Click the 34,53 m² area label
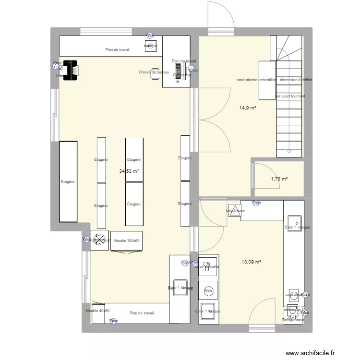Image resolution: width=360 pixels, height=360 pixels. pyautogui.click(x=129, y=171)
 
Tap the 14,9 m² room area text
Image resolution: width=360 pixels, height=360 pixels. pyautogui.click(x=248, y=108)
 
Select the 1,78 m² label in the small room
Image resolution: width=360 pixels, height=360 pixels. pyautogui.click(x=279, y=179)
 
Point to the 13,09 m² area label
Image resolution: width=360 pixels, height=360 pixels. pyautogui.click(x=251, y=262)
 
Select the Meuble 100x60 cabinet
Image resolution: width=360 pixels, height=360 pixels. pyautogui.click(x=127, y=241)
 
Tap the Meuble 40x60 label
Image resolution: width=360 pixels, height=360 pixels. pyautogui.click(x=97, y=311)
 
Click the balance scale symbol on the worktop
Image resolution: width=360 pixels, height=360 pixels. pyautogui.click(x=150, y=46)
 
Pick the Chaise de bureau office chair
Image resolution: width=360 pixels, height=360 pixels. pyautogui.click(x=155, y=73)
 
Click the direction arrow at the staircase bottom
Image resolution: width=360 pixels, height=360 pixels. pyautogui.click(x=289, y=151)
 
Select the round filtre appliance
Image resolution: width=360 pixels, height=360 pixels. pyautogui.click(x=208, y=290)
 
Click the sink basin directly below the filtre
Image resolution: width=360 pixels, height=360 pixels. pyautogui.click(x=208, y=311)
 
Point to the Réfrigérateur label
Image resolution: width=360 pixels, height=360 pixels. pyautogui.click(x=294, y=320)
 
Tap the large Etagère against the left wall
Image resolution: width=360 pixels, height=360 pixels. pyautogui.click(x=68, y=181)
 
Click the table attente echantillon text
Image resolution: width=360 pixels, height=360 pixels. pyautogui.click(x=274, y=80)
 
